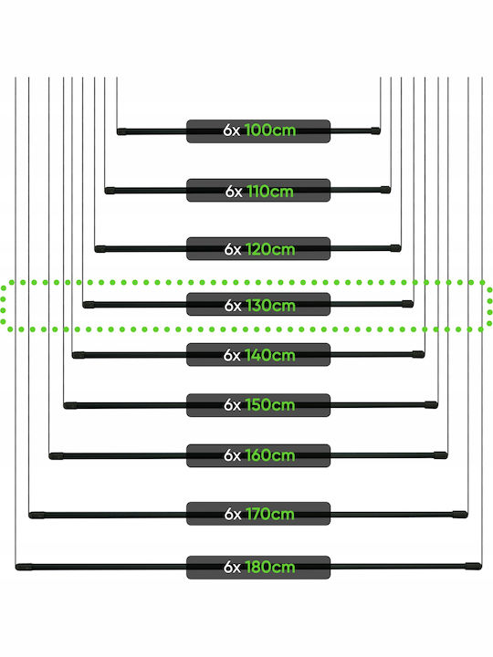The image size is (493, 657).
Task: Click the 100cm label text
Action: coord(270,130)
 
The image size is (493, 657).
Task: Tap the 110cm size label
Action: coord(270,192)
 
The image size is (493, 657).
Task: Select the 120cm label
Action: coord(270,249)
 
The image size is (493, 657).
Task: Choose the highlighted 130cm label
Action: coord(270,306)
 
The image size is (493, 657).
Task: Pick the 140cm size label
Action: coord(270,355)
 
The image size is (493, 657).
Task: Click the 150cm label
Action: coord(270,405)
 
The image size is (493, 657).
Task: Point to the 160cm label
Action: coord(270,455)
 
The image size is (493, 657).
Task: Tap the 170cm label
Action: coord(270,514)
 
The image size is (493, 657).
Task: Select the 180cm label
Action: coord(270,568)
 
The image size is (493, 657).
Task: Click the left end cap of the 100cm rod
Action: coord(122,131)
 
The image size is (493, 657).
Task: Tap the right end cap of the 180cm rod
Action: coord(473,566)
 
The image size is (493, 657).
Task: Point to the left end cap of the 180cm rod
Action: coord(24,568)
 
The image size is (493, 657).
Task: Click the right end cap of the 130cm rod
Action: coord(407,304)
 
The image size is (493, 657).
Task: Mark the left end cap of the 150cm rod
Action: coord(70,405)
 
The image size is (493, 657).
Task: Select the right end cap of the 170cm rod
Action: coord(460,514)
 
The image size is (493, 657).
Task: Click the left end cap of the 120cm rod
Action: coord(100,249)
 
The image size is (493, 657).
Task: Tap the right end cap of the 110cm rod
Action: coord(385,190)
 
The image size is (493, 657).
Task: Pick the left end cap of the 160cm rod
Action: coord(57,456)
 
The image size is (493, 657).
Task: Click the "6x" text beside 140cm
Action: coord(232,355)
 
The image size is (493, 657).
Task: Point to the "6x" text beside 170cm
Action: coord(233,514)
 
